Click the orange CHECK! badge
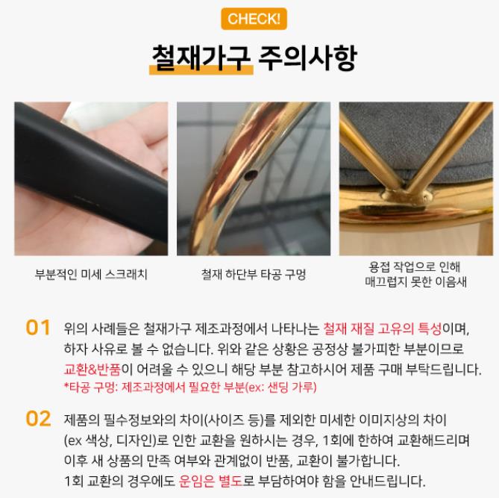(x=254, y=19)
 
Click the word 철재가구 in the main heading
(x=201, y=57)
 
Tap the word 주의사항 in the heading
(x=307, y=57)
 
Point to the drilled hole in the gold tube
(x=250, y=175)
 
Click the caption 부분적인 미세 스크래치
(x=91, y=274)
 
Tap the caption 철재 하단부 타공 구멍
(x=254, y=274)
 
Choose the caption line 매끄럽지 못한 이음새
(x=415, y=282)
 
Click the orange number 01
(x=38, y=328)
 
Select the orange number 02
(x=38, y=418)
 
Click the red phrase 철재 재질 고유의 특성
(x=382, y=329)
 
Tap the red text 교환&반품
(x=92, y=370)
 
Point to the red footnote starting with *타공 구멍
(x=190, y=387)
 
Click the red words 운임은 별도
(x=210, y=481)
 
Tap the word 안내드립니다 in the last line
(x=387, y=481)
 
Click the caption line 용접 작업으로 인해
(x=415, y=267)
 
